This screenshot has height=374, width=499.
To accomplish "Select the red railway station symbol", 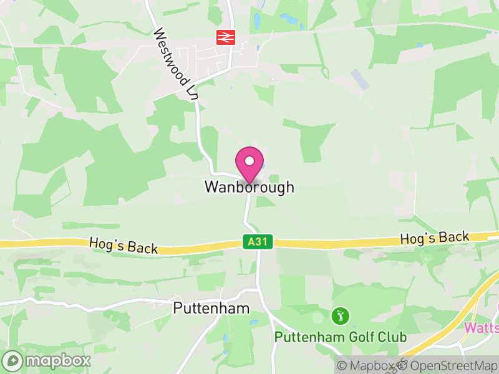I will click(x=225, y=37).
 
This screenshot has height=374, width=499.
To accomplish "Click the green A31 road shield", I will click(x=258, y=241).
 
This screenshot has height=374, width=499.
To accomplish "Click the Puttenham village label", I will click(x=211, y=308).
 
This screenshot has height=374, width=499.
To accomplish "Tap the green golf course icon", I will click(x=341, y=316).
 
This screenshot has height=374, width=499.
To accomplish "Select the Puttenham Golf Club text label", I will click(x=341, y=337).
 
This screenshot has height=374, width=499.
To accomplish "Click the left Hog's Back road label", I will click(x=124, y=245).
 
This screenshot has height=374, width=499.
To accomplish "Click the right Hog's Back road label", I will click(x=434, y=237).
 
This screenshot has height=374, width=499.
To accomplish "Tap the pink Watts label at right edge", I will click(x=482, y=327).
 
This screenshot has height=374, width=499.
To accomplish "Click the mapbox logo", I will click(x=47, y=360).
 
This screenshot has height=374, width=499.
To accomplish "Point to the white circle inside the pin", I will click(x=249, y=161).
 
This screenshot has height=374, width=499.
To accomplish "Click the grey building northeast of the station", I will click(x=360, y=79).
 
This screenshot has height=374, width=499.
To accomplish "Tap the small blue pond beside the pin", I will click(x=264, y=166).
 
